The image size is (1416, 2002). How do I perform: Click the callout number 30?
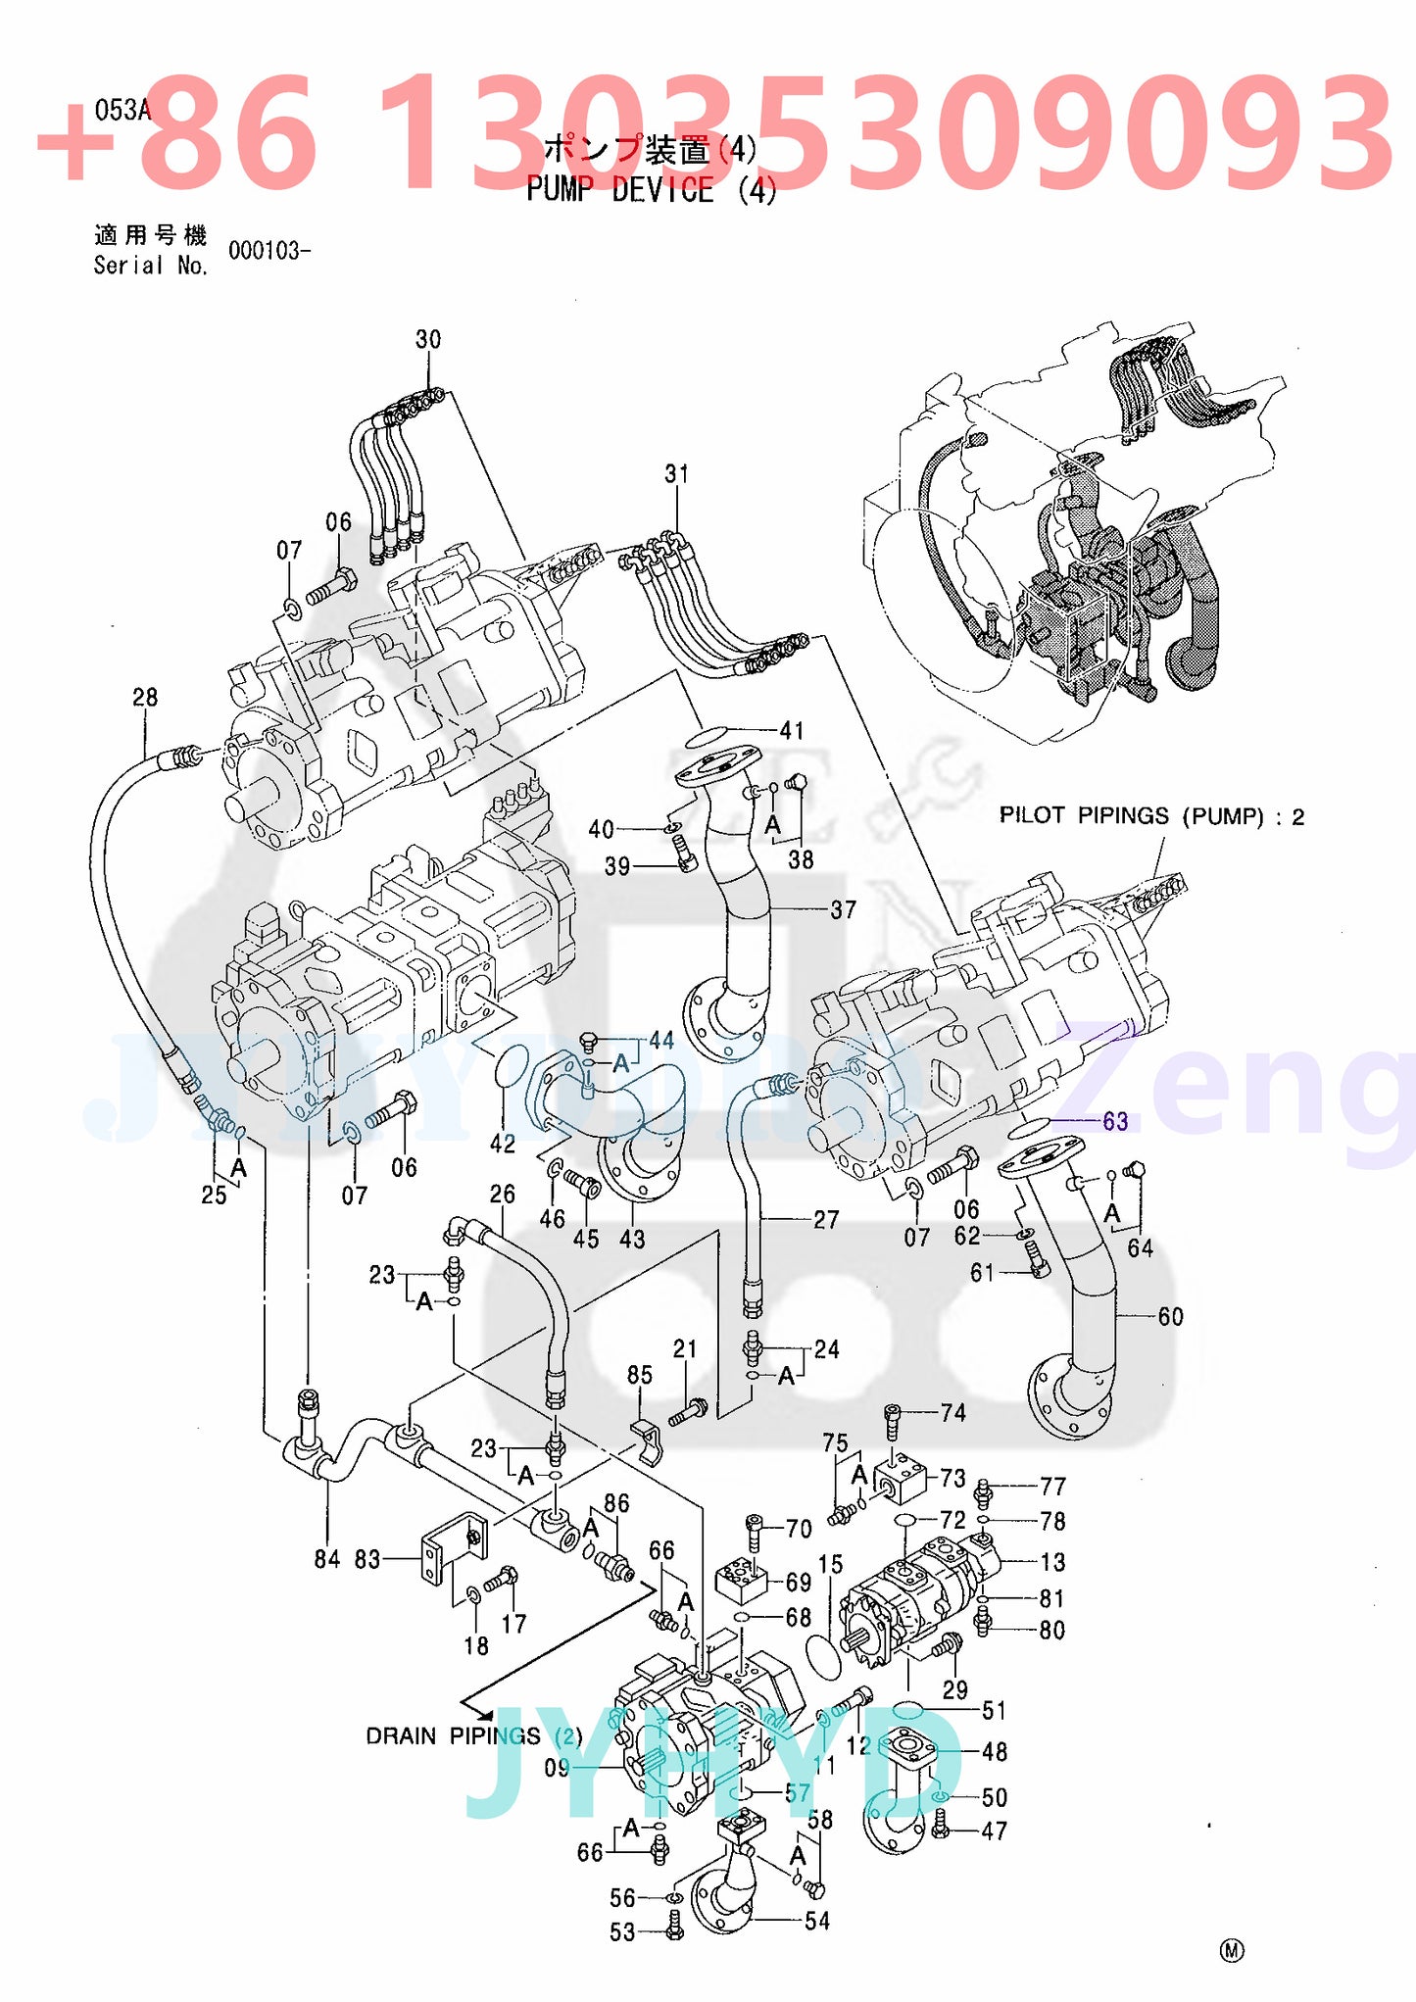(428, 339)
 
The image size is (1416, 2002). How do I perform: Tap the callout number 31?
(676, 474)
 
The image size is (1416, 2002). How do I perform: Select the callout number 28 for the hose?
(145, 697)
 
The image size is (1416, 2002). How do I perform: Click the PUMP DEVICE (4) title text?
(651, 189)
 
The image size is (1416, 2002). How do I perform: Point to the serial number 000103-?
(269, 251)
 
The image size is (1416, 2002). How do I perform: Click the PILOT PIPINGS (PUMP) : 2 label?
(1150, 816)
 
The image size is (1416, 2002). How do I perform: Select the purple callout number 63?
(1115, 1121)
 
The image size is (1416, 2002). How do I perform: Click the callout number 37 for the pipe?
(843, 909)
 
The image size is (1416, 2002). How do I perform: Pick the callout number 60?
(1170, 1316)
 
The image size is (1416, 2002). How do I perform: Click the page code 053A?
(122, 110)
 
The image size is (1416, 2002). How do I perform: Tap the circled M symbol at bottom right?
(1232, 1950)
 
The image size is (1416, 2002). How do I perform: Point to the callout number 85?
(639, 1375)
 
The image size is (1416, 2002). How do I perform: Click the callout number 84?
(327, 1558)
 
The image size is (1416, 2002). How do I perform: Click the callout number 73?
(952, 1478)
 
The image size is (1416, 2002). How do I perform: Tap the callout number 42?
(503, 1143)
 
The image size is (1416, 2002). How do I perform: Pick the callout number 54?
(817, 1921)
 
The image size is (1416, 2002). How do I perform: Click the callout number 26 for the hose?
(502, 1194)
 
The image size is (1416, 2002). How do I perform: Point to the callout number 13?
(1052, 1562)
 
